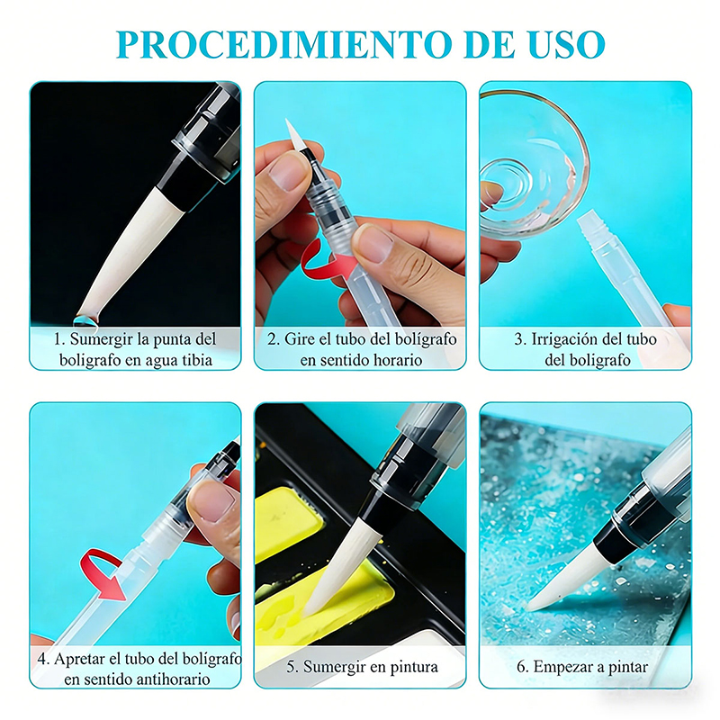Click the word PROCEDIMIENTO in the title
coord(283,44)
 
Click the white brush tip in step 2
coord(295,137)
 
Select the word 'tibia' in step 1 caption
coord(197,360)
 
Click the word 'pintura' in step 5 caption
coord(414,667)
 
